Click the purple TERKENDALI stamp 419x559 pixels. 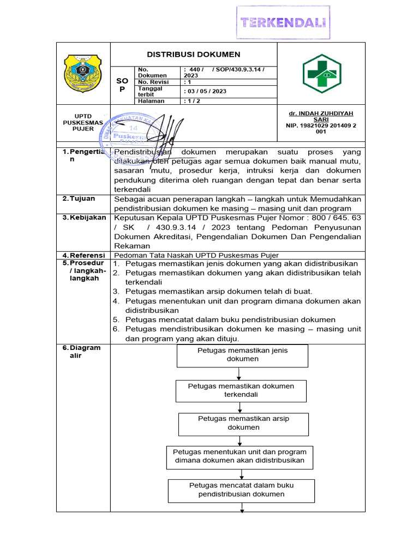[284, 22]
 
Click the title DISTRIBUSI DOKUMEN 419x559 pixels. [194, 55]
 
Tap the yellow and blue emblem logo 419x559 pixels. [83, 73]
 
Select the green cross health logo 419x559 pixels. [321, 73]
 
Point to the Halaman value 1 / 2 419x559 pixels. [191, 101]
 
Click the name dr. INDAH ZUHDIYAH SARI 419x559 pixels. [321, 116]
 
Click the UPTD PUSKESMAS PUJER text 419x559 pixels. [83, 122]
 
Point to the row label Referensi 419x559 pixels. [84, 255]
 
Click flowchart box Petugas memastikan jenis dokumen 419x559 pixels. [242, 355]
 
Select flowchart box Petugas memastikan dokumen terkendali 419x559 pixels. [241, 390]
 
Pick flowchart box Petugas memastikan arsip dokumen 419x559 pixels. [243, 423]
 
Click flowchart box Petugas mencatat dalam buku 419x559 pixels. [241, 490]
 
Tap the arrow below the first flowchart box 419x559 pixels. [240, 374]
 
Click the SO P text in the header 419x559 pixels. [122, 85]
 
